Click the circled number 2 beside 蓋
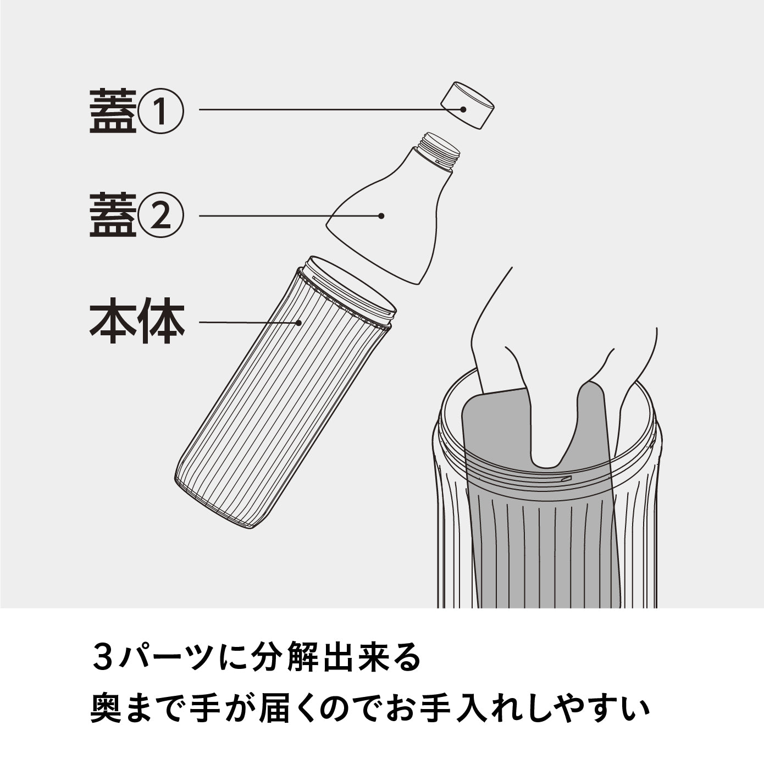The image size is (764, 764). tap(160, 217)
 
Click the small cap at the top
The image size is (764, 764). tap(468, 105)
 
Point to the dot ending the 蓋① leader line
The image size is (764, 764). tap(463, 109)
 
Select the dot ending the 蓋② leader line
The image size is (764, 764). tap(381, 216)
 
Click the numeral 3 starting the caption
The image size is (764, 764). tap(102, 658)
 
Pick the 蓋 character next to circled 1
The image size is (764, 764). tap(113, 112)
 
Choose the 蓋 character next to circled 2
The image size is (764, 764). tap(113, 216)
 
